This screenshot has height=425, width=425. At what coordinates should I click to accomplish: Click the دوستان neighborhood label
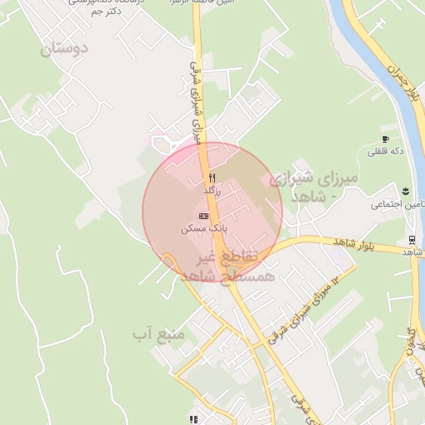point(63,49)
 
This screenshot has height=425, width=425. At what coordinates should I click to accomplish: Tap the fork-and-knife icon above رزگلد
point(212,178)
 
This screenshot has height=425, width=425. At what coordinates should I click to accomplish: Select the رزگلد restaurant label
point(212,191)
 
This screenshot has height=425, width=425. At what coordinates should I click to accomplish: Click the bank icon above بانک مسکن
point(204,215)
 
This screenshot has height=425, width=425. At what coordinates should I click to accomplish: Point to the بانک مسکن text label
point(204,227)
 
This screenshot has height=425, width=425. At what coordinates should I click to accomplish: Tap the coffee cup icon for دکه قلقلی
point(385,139)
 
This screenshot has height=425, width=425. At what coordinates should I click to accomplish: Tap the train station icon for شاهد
point(412,240)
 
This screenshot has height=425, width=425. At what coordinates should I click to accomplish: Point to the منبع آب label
point(158,335)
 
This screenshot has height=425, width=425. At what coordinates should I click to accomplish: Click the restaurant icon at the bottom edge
point(193,420)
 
